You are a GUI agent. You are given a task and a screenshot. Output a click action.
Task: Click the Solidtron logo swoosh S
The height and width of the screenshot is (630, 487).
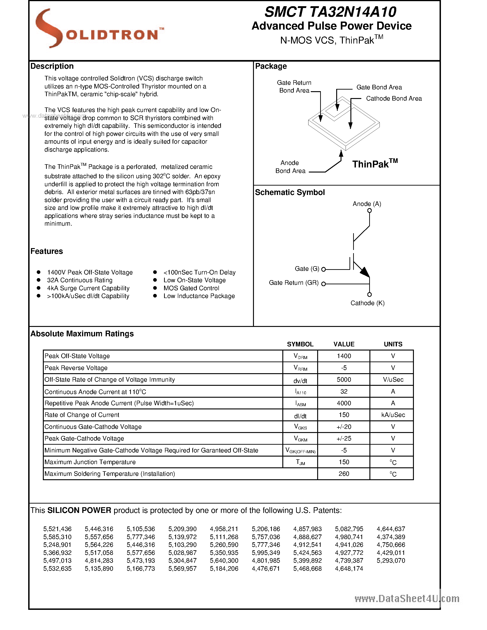pyautogui.click(x=48, y=28)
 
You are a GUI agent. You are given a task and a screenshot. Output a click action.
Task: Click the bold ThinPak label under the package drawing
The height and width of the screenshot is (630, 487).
pyautogui.click(x=374, y=164)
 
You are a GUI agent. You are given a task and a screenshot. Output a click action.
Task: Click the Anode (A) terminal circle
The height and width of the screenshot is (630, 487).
pyautogui.click(x=369, y=211)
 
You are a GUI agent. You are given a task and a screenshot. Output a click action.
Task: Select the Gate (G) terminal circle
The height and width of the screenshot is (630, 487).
pyautogui.click(x=323, y=269)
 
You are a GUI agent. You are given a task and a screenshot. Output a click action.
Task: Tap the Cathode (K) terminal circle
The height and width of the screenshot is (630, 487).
pyautogui.click(x=369, y=295)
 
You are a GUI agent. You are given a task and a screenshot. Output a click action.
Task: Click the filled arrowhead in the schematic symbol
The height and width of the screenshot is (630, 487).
pyautogui.click(x=365, y=272)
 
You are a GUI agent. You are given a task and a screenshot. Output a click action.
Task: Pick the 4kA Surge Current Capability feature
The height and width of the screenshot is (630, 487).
pyautogui.click(x=88, y=288)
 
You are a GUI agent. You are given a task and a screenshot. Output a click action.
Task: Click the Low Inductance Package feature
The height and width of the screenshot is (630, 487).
pyautogui.click(x=199, y=296)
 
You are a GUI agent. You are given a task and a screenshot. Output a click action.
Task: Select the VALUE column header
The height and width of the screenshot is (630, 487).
pyautogui.click(x=344, y=344)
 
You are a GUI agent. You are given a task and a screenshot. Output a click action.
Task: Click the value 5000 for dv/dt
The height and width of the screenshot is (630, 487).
pyautogui.click(x=344, y=380)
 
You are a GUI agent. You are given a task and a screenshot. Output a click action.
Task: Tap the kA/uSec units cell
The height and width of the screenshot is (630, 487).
pyautogui.click(x=393, y=415)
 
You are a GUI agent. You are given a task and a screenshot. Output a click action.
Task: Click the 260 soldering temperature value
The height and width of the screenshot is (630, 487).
pyautogui.click(x=344, y=474)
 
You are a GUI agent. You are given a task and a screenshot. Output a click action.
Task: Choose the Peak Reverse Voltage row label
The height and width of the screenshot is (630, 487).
pyautogui.click(x=76, y=368)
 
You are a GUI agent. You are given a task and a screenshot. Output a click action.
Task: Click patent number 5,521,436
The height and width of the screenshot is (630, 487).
pyautogui.click(x=58, y=529)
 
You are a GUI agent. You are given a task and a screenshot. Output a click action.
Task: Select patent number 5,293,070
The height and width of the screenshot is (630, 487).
pyautogui.click(x=391, y=561)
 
